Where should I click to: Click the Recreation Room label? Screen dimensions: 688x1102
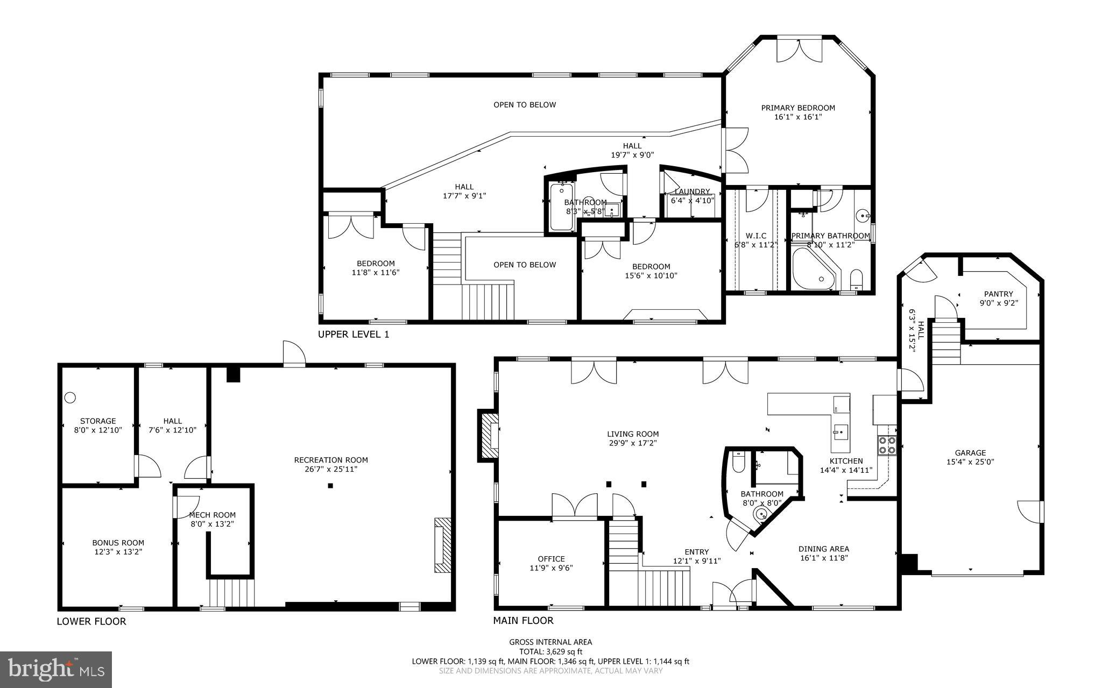click(331, 460)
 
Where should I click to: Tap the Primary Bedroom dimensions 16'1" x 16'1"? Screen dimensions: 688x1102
click(797, 117)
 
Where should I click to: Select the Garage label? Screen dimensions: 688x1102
click(970, 453)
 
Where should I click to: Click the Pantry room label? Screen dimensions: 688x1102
click(998, 294)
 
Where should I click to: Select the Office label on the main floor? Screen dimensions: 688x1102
click(551, 559)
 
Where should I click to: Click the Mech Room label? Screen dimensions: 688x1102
click(212, 515)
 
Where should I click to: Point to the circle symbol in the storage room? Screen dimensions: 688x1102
click(70, 398)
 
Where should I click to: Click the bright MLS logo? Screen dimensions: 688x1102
click(56, 669)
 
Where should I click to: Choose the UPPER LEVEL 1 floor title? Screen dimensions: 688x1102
click(353, 335)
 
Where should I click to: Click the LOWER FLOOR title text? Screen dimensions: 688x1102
click(91, 621)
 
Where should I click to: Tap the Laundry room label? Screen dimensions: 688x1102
click(692, 191)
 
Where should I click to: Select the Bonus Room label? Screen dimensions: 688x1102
click(118, 543)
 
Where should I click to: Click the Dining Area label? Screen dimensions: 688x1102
click(823, 549)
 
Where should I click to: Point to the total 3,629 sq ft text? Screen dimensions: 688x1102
click(550, 651)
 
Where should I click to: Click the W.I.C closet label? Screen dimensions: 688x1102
click(755, 236)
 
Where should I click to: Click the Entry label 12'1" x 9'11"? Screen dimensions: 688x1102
click(696, 556)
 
